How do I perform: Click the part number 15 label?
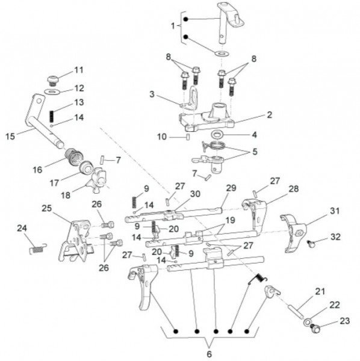click(10, 137)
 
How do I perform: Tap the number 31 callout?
click(335, 211)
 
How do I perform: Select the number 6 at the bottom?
click(209, 354)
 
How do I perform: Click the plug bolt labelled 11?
click(53, 80)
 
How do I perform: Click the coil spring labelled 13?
click(52, 116)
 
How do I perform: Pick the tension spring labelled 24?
click(39, 248)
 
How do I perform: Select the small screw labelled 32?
click(311, 244)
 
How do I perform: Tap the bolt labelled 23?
click(315, 328)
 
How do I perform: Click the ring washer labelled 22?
click(307, 321)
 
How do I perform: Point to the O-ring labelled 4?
click(217, 134)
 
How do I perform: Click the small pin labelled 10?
click(188, 137)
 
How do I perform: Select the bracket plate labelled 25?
click(75, 241)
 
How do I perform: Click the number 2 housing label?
click(270, 114)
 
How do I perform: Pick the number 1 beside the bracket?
click(173, 26)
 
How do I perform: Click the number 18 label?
click(66, 195)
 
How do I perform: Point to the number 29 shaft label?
click(231, 188)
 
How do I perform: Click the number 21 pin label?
click(320, 291)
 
